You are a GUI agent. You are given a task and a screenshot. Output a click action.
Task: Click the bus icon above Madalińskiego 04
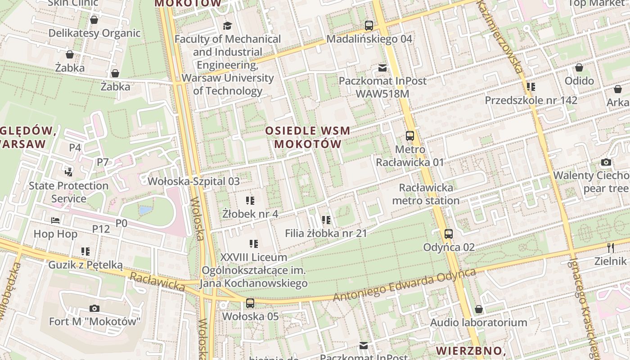click(369, 26)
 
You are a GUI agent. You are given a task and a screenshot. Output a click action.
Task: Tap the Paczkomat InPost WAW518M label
click(382, 87)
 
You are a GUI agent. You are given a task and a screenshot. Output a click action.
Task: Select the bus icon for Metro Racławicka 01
click(409, 135)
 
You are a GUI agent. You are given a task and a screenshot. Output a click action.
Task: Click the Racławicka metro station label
click(426, 194)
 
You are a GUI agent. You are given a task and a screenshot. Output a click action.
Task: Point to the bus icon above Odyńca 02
click(448, 234)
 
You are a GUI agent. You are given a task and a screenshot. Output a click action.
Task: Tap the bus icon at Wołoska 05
click(250, 303)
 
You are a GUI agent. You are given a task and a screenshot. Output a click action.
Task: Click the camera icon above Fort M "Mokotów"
click(94, 308)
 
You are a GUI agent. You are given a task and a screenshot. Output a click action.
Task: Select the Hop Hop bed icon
click(55, 220)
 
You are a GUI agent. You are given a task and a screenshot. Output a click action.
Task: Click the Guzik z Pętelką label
click(85, 265)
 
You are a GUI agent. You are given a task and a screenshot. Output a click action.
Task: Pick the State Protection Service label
click(69, 192)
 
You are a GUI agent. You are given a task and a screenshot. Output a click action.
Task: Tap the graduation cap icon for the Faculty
click(227, 26)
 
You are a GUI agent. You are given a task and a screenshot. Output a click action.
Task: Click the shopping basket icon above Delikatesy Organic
click(94, 20)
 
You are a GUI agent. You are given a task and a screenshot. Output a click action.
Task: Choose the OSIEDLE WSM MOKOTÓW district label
click(308, 137)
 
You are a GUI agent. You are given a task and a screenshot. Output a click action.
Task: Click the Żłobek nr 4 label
click(250, 214)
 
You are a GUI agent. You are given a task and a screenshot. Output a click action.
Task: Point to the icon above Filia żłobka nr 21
click(326, 220)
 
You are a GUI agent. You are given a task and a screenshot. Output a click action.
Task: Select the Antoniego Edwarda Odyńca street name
click(404, 285)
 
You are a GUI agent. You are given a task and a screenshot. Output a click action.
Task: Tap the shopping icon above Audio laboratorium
click(479, 309)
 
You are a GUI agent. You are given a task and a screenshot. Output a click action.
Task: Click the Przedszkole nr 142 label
click(531, 100)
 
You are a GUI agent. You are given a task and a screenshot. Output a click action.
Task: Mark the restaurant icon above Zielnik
click(610, 247)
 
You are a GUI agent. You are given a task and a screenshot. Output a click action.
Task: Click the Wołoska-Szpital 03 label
click(194, 181)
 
